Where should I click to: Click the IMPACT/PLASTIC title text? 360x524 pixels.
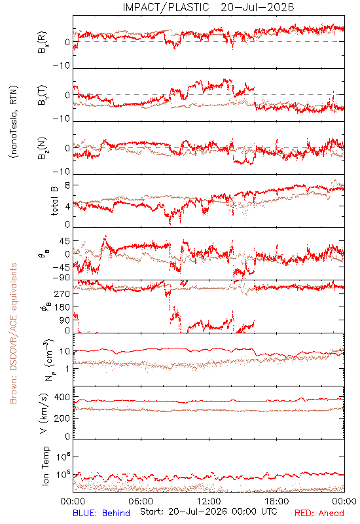point(166,7)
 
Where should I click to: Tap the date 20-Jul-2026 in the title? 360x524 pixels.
point(257,7)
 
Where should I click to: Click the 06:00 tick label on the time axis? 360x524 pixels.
point(141,501)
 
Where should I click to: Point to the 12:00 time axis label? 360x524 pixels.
point(209,501)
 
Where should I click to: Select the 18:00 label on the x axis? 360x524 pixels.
point(277,501)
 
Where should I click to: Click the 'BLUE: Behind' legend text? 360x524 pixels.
point(101,513)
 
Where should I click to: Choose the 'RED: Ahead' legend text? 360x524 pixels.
point(319,513)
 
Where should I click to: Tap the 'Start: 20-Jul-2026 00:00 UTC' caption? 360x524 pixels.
point(209,512)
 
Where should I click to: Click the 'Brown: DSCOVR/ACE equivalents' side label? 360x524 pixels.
point(13,333)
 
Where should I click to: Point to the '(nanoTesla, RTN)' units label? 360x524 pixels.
point(14,122)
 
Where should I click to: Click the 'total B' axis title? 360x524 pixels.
point(54,201)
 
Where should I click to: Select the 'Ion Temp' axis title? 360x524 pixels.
point(45,466)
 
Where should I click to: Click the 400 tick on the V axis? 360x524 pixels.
point(62,398)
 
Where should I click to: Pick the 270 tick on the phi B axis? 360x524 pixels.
point(62,293)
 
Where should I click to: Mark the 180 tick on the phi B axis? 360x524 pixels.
point(62,307)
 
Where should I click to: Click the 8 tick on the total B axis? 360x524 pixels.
point(67,185)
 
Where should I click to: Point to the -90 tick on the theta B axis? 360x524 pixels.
point(62,278)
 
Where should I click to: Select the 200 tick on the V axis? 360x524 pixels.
point(62,418)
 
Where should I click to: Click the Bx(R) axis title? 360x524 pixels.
point(43,43)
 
